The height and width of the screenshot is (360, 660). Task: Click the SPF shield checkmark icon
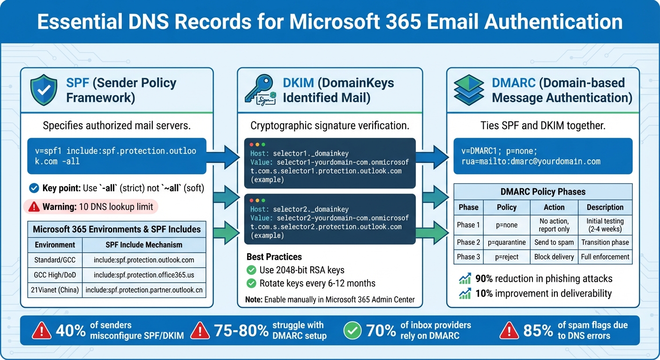click(x=44, y=90)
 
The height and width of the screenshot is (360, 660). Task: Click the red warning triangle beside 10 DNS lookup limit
click(x=34, y=207)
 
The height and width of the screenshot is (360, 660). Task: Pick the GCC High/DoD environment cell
click(x=55, y=275)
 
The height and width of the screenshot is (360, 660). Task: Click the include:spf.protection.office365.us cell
click(x=144, y=275)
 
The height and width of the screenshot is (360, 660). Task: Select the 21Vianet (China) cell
click(x=55, y=290)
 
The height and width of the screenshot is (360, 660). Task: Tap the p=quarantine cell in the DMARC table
click(x=506, y=242)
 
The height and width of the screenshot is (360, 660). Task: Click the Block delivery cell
click(x=554, y=257)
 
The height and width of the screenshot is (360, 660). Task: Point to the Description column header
click(x=605, y=207)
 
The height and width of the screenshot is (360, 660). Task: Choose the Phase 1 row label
click(x=468, y=225)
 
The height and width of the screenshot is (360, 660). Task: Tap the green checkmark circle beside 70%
click(x=353, y=331)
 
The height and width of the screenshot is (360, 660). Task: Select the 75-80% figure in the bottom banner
click(x=241, y=331)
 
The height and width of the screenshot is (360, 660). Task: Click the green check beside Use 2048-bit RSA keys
click(x=252, y=270)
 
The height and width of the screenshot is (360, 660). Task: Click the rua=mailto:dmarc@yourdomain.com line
click(x=531, y=161)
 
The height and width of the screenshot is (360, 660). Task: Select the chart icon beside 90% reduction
click(x=465, y=279)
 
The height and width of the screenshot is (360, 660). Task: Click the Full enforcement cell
click(x=605, y=257)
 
